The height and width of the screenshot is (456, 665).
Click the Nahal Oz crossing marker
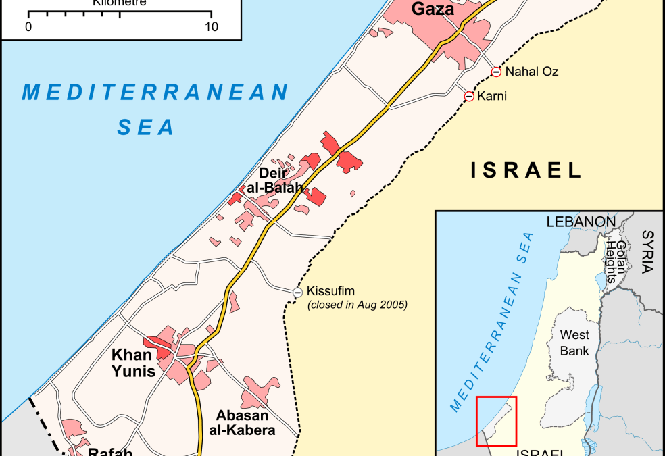point(496,72)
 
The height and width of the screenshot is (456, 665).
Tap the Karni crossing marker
point(469,97)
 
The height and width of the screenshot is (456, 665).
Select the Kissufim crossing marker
point(298,292)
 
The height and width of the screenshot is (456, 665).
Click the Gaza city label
point(433,9)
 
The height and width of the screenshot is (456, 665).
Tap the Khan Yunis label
point(133,363)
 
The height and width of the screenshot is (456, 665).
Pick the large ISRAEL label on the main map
point(526,170)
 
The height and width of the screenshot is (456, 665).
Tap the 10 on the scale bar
point(212,28)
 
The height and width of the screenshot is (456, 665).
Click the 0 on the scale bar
point(28,28)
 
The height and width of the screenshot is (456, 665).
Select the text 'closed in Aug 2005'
point(358,305)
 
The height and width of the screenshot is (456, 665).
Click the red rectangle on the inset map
point(496,421)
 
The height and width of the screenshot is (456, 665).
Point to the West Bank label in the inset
point(574,343)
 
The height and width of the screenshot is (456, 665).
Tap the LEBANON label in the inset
point(581,222)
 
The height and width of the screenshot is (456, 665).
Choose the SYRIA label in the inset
point(647,251)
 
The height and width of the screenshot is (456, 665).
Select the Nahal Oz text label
point(532,72)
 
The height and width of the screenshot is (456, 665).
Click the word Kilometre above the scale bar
point(119,3)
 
